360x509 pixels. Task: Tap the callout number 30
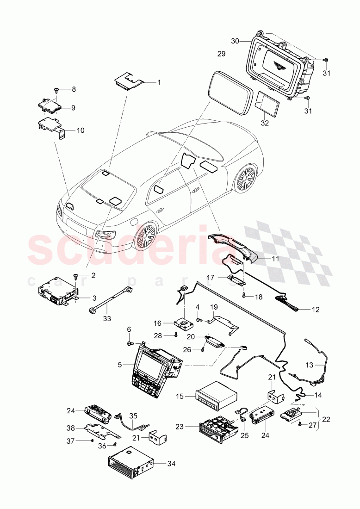click(x=235, y=41)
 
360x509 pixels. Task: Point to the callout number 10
click(x=80, y=130)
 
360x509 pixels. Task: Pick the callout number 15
click(x=180, y=396)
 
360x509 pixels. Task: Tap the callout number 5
click(x=120, y=364)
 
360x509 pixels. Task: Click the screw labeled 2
click(x=76, y=276)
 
